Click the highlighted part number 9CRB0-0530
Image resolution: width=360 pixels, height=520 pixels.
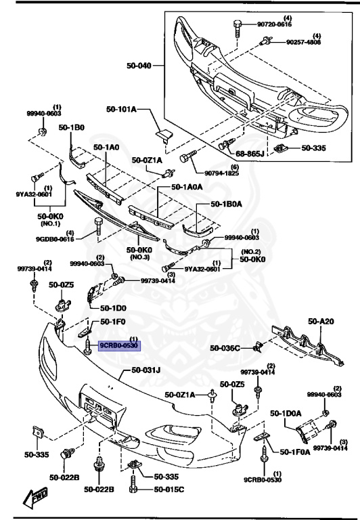tap(119, 345)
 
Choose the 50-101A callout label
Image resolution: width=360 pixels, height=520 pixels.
tap(121, 108)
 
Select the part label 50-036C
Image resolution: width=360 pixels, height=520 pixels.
tap(225, 348)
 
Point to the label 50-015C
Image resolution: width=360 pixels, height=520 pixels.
tap(168, 490)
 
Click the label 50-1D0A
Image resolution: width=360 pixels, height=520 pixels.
tap(285, 412)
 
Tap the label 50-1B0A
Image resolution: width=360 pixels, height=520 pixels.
tap(226, 203)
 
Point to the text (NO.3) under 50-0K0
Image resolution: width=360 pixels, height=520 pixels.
tap(141, 257)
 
